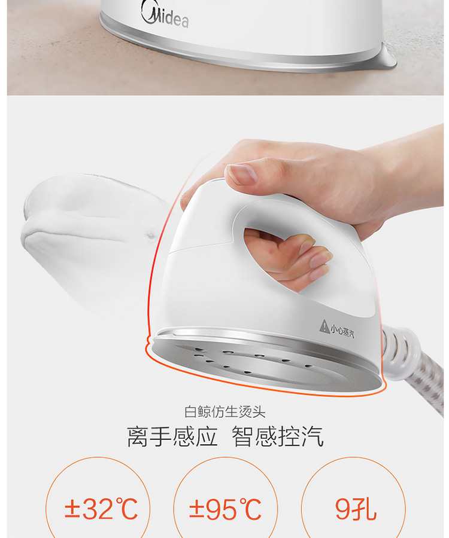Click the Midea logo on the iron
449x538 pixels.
tap(165, 16)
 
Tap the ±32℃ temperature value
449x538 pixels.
tap(101, 509)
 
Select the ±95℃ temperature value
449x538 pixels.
tap(225, 509)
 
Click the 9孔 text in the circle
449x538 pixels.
tap(355, 509)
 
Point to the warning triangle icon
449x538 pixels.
tap(324, 326)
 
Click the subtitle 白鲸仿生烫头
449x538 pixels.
tap(224, 412)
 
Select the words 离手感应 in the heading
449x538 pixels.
tap(172, 436)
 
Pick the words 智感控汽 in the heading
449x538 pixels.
tap(278, 436)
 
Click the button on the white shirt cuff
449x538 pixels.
tap(151, 235)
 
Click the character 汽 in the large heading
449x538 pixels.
tap(313, 436)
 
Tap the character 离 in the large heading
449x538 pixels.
tap(138, 436)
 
